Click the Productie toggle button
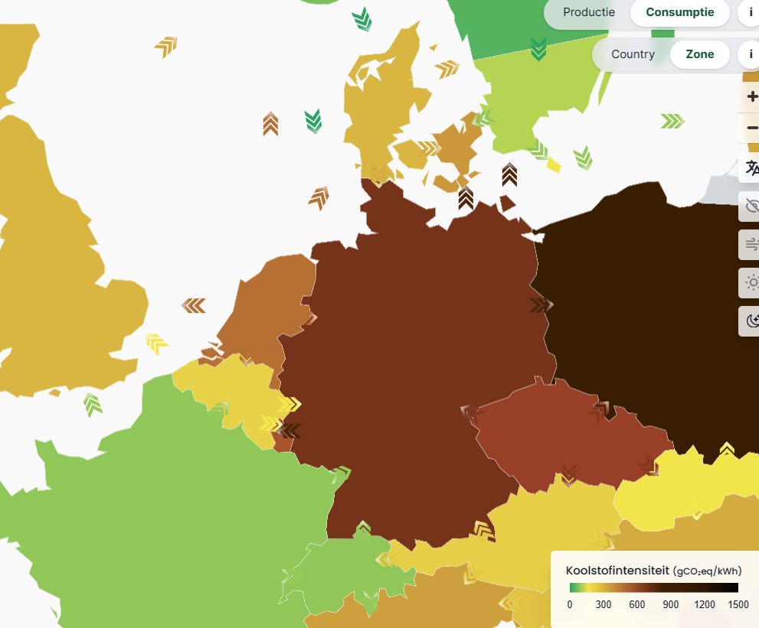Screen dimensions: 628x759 tap(588, 12)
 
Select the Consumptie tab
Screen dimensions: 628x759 tap(679, 12)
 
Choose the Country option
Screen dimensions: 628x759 tap(633, 54)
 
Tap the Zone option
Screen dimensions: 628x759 tap(699, 54)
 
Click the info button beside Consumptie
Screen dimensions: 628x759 tap(750, 12)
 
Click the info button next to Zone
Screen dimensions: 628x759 tap(750, 54)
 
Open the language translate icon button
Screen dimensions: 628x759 tap(751, 168)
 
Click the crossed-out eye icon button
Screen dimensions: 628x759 tap(751, 206)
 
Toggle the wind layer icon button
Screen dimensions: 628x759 tap(751, 245)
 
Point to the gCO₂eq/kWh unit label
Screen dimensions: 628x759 tap(707, 571)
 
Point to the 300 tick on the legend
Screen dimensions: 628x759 tap(604, 605)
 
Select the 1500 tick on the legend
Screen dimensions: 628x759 tap(738, 605)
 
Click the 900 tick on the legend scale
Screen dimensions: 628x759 tap(671, 605)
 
